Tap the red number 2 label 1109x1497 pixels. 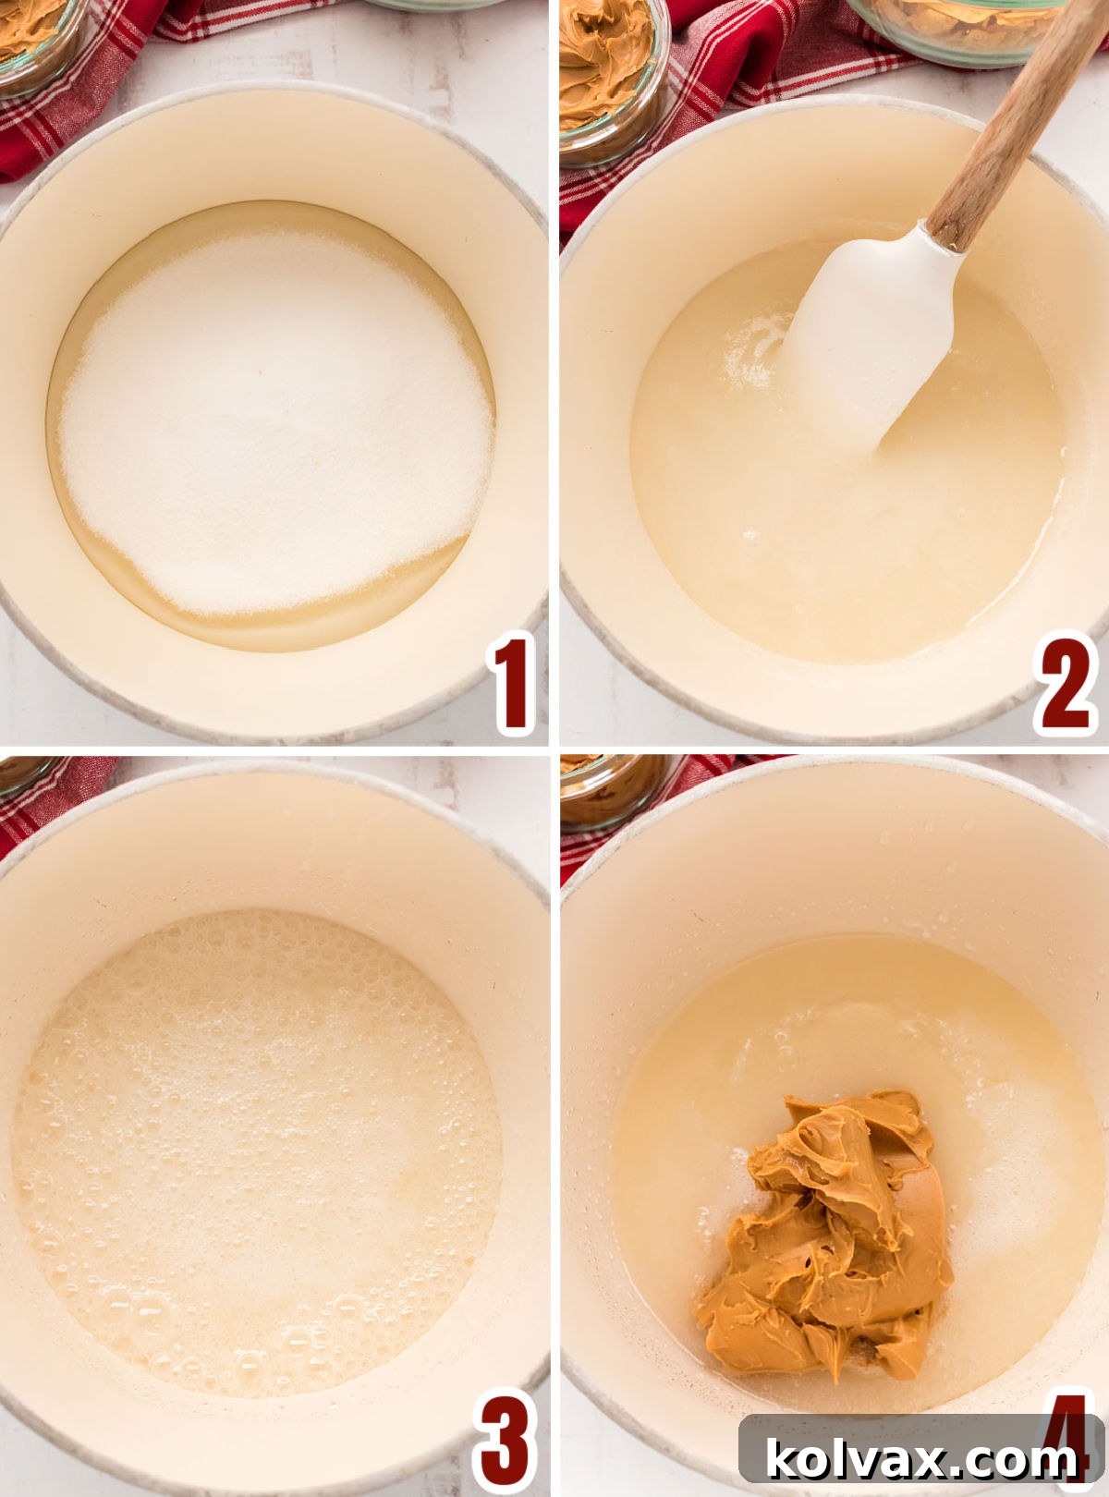1066,685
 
